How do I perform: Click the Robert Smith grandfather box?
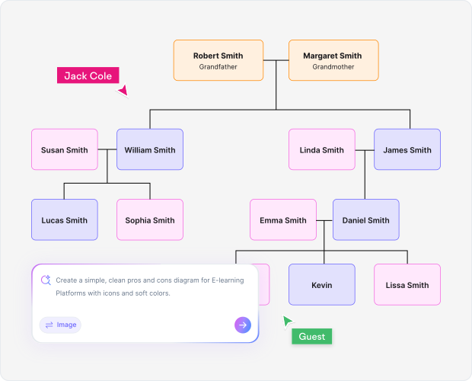[218, 60]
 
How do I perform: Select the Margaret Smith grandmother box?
[333, 60]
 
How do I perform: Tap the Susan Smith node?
[64, 149]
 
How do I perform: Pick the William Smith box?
[150, 149]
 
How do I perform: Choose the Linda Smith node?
[321, 149]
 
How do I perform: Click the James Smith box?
[407, 149]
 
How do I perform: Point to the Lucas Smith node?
[64, 219]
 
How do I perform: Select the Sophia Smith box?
[150, 219]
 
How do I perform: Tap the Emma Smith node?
[283, 219]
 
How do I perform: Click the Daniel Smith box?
[365, 219]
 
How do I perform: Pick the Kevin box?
[321, 284]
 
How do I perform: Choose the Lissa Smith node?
[407, 284]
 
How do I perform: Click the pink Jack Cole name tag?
[88, 75]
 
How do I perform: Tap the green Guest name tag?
[312, 336]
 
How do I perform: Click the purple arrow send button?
[242, 325]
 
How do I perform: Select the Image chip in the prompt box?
[60, 325]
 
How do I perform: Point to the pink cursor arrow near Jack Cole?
[123, 91]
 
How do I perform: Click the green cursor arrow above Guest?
[287, 321]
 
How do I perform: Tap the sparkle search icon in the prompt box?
[46, 280]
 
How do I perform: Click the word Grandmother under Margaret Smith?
[333, 67]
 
